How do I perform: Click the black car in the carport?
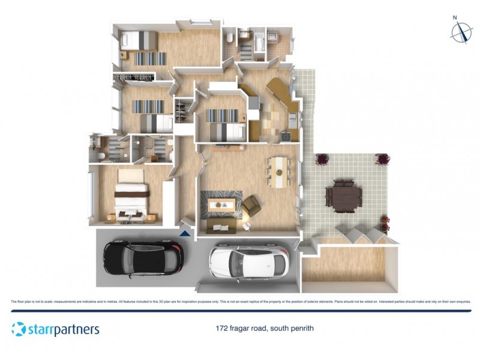[x=142, y=257]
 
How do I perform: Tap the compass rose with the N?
[x=461, y=31]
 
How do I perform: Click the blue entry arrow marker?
[x=185, y=231]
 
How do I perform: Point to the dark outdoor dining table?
[x=344, y=194]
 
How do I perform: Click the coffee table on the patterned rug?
[x=221, y=205]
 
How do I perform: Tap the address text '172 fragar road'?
[x=242, y=329]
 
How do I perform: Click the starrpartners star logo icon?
[x=19, y=329]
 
